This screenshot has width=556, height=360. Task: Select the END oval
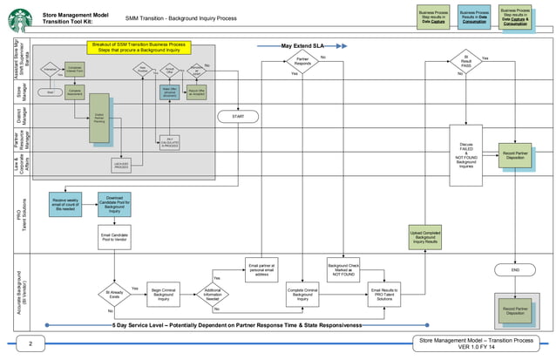pyautogui.click(x=514, y=271)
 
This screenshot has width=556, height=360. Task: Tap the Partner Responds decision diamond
pyautogui.click(x=302, y=65)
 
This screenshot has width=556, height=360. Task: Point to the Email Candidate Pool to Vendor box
pyautogui.click(x=114, y=238)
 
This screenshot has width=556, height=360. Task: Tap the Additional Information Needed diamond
pyautogui.click(x=212, y=297)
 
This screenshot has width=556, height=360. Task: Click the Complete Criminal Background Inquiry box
pyautogui.click(x=302, y=297)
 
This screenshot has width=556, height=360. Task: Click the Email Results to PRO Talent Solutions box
pyautogui.click(x=386, y=297)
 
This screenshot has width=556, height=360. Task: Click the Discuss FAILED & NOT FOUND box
pyautogui.click(x=464, y=153)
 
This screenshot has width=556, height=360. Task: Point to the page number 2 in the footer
pyautogui.click(x=30, y=346)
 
